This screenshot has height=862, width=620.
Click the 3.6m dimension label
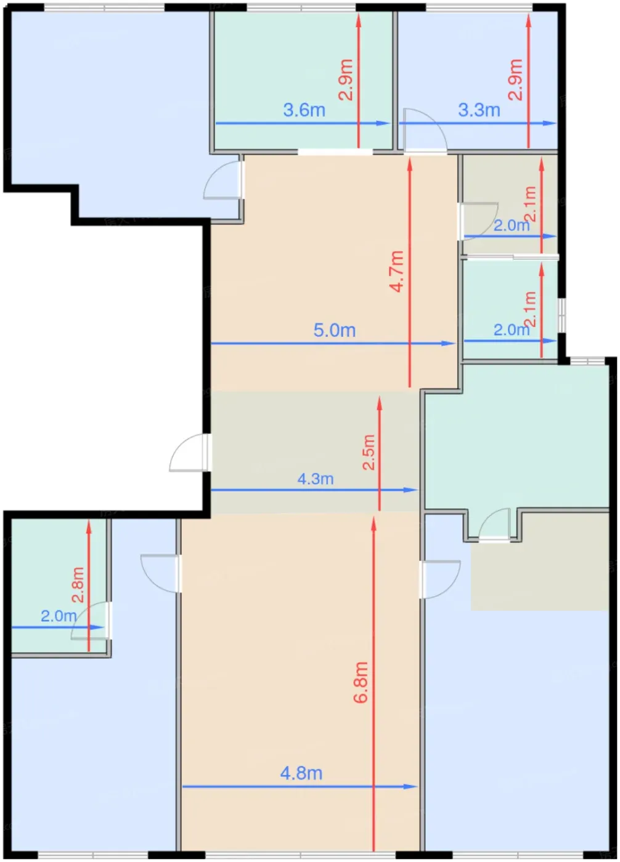(x=304, y=110)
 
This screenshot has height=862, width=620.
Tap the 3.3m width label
(x=479, y=110)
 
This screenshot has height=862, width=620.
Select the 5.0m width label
(x=334, y=330)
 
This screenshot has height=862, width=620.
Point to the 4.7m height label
(x=397, y=272)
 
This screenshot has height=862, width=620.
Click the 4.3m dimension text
(x=316, y=479)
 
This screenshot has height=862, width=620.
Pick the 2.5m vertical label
(x=369, y=452)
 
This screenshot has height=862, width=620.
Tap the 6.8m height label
(x=361, y=683)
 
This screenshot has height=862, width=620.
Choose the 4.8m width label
(x=301, y=773)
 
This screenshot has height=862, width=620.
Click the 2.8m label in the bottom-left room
(x=78, y=584)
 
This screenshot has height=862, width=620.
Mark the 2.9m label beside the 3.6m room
(x=345, y=79)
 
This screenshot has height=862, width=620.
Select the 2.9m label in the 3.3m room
(x=515, y=79)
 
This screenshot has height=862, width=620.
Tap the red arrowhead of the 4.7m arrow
(x=409, y=166)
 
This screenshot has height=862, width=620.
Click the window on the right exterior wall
(x=562, y=315)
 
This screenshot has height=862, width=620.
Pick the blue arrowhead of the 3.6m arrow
(x=383, y=124)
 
